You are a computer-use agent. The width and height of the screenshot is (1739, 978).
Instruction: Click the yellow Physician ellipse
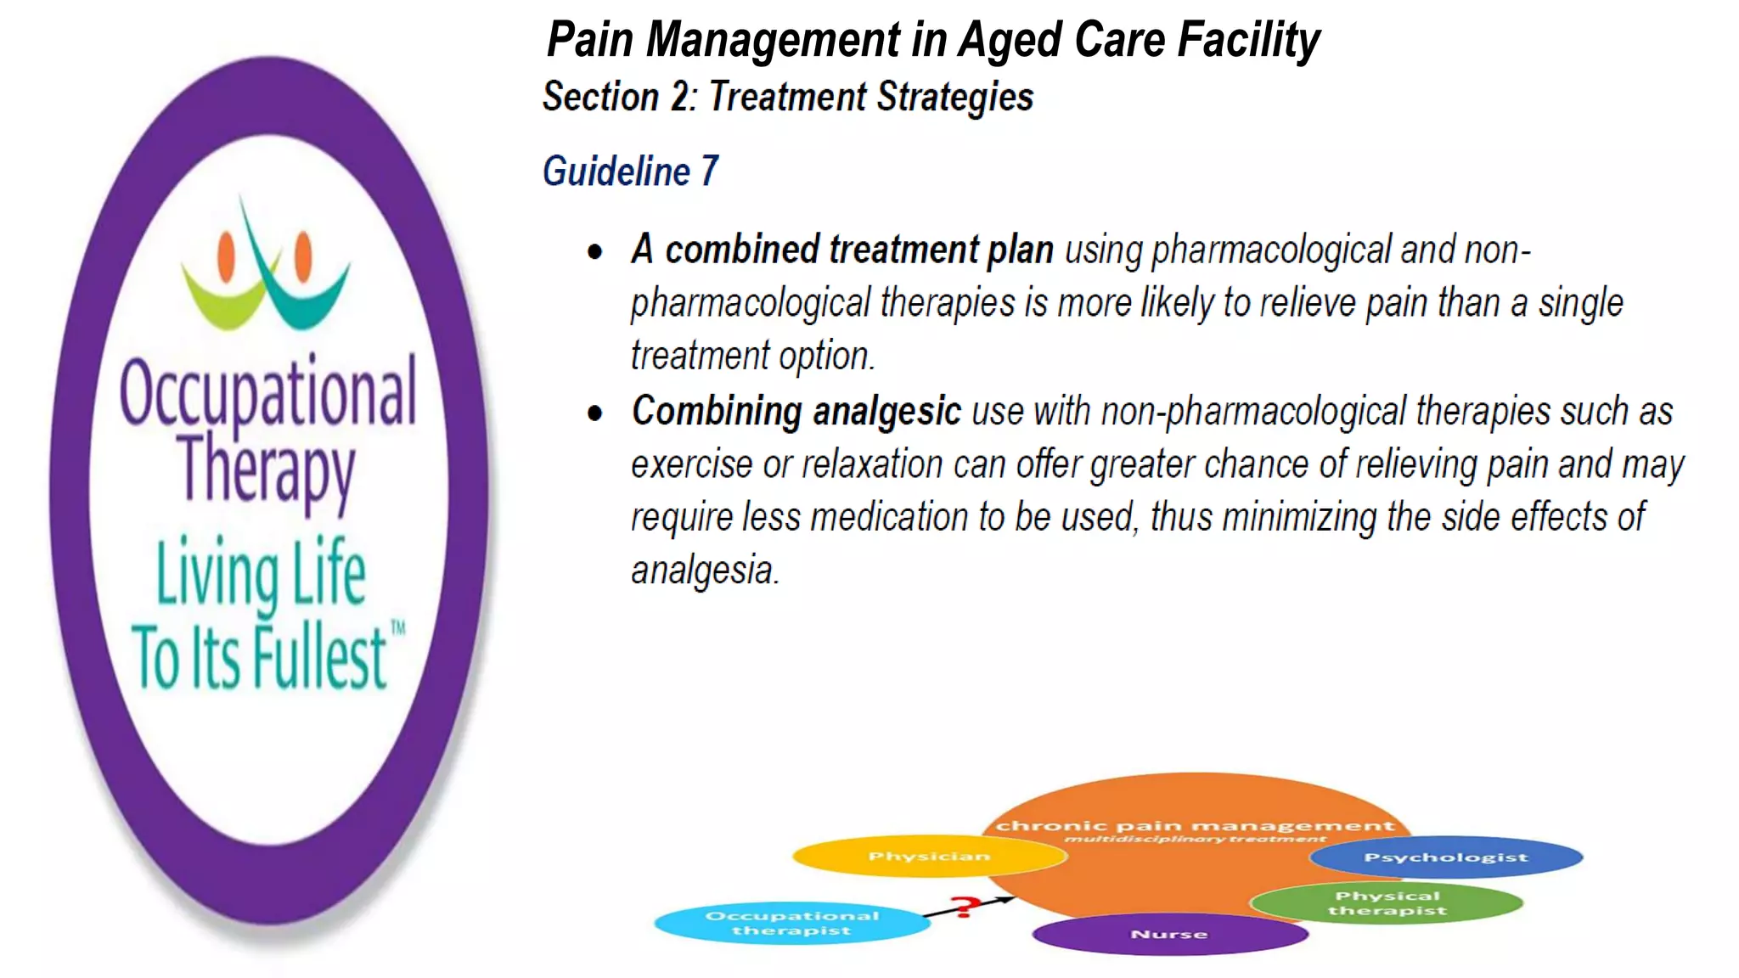pos(929,856)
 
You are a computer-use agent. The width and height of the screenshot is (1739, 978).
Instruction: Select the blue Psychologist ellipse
pos(1445,857)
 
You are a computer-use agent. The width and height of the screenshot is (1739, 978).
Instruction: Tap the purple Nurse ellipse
pos(1169,934)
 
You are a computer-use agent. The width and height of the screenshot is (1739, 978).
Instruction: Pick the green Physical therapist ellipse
pos(1387,902)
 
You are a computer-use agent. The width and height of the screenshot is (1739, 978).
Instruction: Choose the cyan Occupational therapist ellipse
pos(791,923)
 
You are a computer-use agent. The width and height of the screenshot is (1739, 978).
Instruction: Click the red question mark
pos(964,907)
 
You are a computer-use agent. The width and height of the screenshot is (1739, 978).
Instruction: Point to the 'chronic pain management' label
pos(1195,825)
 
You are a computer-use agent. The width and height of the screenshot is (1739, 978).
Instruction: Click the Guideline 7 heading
pos(630,171)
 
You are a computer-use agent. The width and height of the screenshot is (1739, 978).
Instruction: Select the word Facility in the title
pos(1248,40)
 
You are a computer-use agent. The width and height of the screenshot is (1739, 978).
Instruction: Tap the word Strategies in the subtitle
pos(955,97)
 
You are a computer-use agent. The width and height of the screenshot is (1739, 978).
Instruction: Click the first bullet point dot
pos(595,251)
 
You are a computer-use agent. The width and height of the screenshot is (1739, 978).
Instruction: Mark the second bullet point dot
pos(595,413)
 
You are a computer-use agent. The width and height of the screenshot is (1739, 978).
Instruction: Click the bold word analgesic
pos(886,413)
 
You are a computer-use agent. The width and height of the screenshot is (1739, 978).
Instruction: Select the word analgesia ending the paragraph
pos(704,570)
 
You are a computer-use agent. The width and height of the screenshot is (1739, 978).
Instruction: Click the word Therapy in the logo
pos(266,469)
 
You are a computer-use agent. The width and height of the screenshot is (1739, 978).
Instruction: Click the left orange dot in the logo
pos(226,256)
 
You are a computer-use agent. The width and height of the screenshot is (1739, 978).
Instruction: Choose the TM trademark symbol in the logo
pos(397,628)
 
